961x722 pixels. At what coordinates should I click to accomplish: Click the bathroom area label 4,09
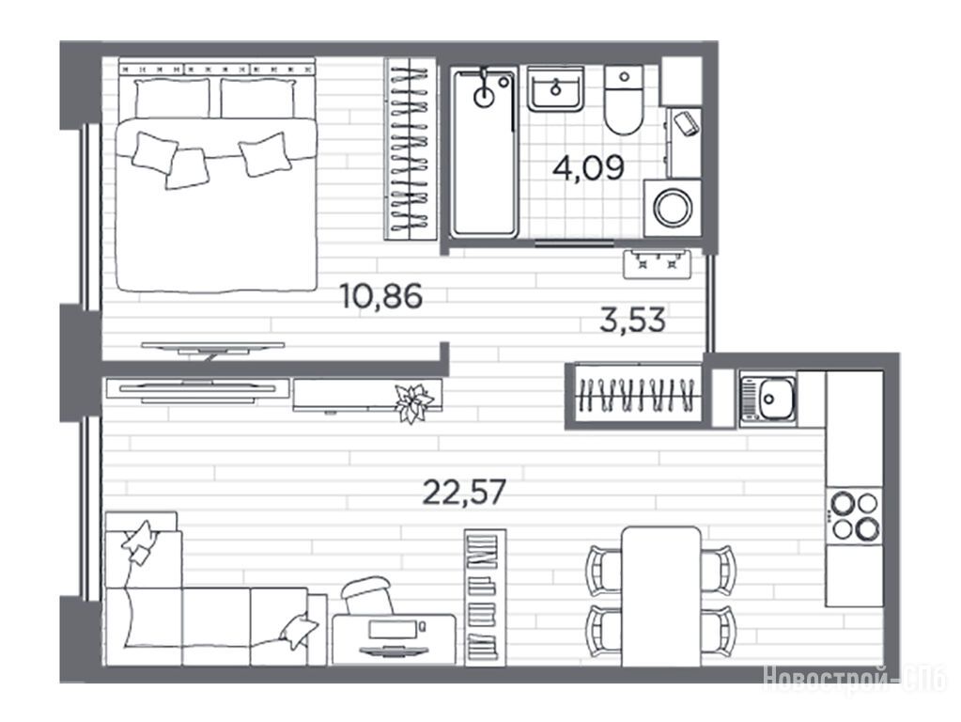tap(588, 167)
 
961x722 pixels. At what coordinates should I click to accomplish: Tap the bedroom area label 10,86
tap(380, 296)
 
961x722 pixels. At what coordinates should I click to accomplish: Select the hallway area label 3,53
tap(632, 321)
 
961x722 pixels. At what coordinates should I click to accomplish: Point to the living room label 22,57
tap(465, 492)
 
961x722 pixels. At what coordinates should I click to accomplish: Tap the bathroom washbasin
tap(555, 89)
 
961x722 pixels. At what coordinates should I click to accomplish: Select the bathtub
tap(484, 152)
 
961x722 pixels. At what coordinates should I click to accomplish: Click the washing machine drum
tap(673, 208)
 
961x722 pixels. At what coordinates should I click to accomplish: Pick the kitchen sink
tap(767, 400)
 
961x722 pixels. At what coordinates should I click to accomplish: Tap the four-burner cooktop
tap(854, 516)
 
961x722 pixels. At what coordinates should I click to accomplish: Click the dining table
tap(661, 596)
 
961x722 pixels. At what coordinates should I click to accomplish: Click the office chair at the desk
tap(367, 594)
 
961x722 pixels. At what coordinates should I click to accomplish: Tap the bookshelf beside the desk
tap(485, 597)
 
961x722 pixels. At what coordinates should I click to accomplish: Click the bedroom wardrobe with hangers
tap(410, 149)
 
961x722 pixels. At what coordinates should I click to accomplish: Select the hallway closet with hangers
tap(638, 395)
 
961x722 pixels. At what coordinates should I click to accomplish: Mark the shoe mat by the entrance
tap(657, 264)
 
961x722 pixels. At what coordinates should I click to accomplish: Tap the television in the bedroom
tap(212, 349)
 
